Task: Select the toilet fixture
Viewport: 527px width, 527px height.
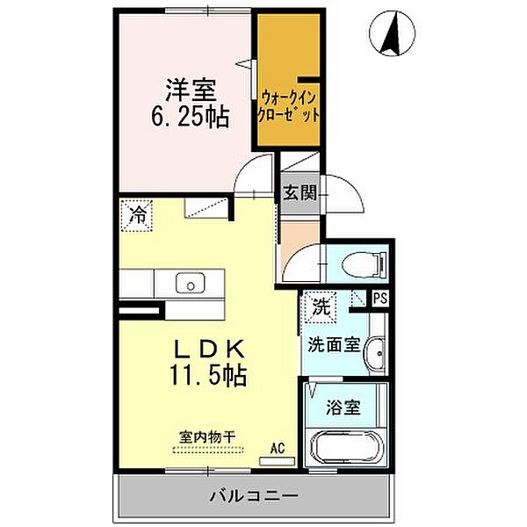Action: pyautogui.click(x=365, y=263)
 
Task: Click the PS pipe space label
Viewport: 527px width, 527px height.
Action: pyautogui.click(x=379, y=299)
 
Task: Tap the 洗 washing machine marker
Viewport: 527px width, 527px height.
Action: pyautogui.click(x=321, y=307)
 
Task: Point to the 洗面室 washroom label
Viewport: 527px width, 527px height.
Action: pyautogui.click(x=333, y=344)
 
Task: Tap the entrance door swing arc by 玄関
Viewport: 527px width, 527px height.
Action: pyautogui.click(x=341, y=193)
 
